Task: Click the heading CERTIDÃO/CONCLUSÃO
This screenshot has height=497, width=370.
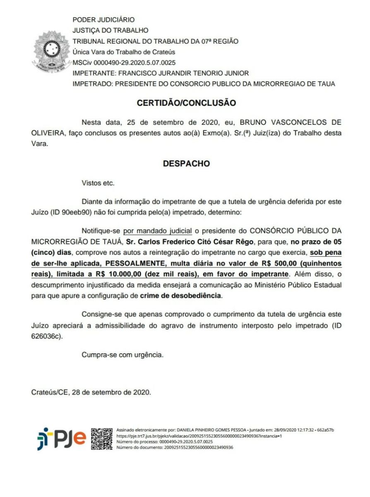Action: tap(186, 102)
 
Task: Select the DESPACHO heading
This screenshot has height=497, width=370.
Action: tap(186, 164)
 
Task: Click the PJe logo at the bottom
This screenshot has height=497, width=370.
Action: tap(61, 439)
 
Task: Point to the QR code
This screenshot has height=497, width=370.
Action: tap(102, 439)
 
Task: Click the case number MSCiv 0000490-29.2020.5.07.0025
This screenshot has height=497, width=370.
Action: tap(124, 63)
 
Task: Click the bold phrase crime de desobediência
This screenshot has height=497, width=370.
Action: tap(180, 296)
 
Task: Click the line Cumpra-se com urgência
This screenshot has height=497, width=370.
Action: tap(123, 355)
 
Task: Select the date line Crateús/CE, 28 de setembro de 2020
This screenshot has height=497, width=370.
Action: tap(91, 391)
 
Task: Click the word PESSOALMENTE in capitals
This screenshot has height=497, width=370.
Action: tap(131, 263)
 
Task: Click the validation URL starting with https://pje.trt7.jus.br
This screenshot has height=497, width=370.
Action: tap(199, 436)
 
